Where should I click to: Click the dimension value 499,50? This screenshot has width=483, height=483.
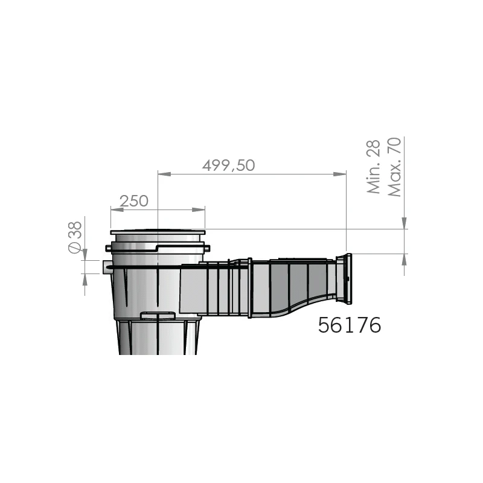pos(229,165)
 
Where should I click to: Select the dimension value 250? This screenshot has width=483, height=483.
pos(134,201)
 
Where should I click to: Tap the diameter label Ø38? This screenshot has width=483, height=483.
pos(75,237)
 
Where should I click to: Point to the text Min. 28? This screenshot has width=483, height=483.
pos(374,167)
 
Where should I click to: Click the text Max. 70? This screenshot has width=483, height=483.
pos(394,167)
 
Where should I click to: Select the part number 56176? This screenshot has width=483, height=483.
pos(350,325)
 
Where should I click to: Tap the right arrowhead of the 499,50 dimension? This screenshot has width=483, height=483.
pos(340,174)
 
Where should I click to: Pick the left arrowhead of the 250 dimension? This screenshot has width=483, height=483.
pos(117,210)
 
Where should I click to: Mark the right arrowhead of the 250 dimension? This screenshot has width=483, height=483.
pos(199,210)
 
